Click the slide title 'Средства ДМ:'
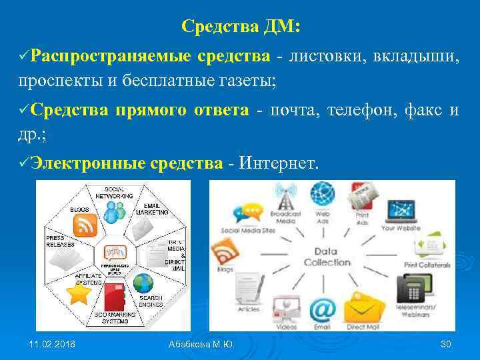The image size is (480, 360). click(241, 27)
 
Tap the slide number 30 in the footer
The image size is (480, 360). click(446, 343)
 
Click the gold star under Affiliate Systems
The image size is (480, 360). click(79, 293)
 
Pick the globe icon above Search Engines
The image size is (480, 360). click(143, 284)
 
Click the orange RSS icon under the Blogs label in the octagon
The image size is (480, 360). click(85, 226)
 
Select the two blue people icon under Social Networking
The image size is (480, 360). click(114, 212)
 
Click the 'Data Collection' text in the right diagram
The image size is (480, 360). click(327, 257)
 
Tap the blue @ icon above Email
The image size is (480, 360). click(321, 310)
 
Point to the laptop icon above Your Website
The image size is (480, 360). click(401, 211)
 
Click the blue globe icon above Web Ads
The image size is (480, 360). click(322, 194)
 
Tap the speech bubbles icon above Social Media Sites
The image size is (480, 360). click(247, 213)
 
